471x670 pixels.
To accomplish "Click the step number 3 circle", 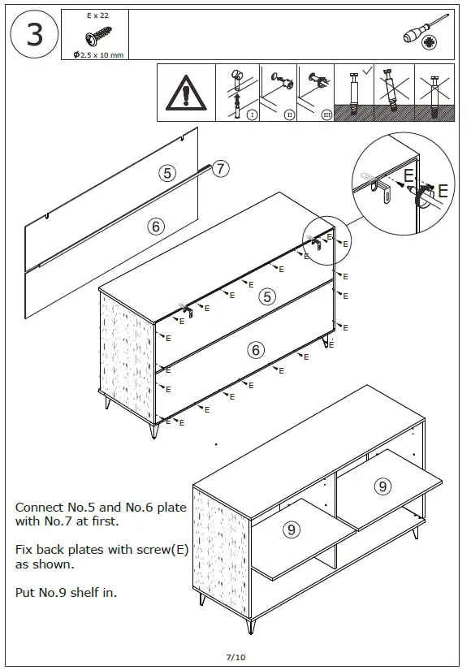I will click(x=35, y=36).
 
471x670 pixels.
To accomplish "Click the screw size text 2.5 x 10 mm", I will click(x=99, y=54).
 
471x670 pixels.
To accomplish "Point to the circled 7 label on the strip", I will click(x=221, y=169).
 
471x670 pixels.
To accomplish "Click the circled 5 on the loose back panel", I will click(x=167, y=173).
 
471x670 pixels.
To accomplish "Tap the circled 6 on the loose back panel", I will click(x=156, y=227).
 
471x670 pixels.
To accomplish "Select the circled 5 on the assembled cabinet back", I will click(x=266, y=296).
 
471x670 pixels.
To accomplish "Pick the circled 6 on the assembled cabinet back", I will click(x=256, y=350).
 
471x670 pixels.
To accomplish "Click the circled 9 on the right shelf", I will click(x=382, y=486).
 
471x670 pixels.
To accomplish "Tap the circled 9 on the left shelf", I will click(x=292, y=530).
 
